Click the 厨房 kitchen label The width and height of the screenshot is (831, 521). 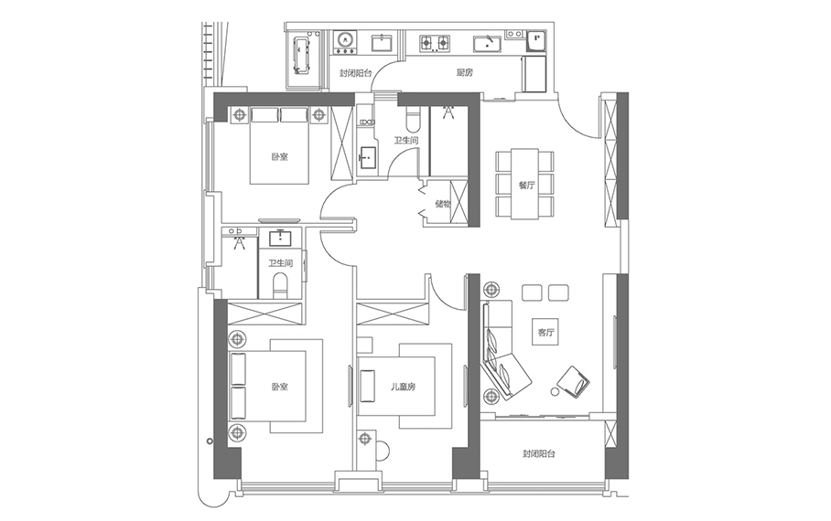(x=464, y=72)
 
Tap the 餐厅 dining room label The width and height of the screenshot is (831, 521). (x=526, y=186)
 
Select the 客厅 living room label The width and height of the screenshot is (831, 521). (x=545, y=333)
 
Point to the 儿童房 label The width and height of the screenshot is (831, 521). (x=403, y=387)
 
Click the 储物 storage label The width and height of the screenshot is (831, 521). (x=443, y=203)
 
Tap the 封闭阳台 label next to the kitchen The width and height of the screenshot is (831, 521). (x=356, y=73)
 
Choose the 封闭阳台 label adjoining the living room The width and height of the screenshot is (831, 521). (x=539, y=453)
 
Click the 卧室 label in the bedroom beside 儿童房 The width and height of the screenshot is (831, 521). (x=279, y=387)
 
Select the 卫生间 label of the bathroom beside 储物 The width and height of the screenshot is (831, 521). (x=405, y=141)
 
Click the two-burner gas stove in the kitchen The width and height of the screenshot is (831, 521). (x=435, y=43)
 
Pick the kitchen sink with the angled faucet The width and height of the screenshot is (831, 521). (x=488, y=44)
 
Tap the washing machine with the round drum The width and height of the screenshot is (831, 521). (x=345, y=42)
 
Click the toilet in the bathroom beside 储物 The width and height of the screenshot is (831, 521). (x=412, y=119)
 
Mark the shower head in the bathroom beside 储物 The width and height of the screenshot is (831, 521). (x=448, y=112)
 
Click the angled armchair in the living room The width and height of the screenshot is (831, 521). (x=574, y=380)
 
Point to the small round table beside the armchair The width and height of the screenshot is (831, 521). (x=555, y=392)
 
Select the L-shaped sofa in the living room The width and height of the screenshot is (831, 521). (x=503, y=350)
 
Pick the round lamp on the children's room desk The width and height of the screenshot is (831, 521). (x=364, y=439)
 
